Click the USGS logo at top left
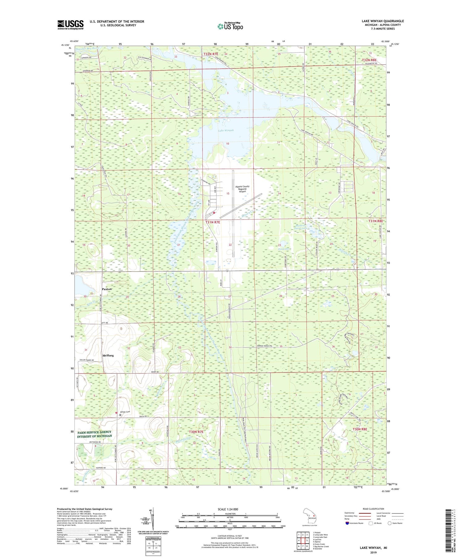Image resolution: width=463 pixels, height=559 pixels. tap(70, 24)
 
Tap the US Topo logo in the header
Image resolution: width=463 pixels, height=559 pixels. tap(230, 27)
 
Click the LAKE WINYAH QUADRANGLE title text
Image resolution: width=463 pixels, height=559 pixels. tap(383, 21)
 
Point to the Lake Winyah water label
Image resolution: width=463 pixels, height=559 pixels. tap(226, 130)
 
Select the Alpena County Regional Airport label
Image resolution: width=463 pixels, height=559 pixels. tap(242, 189)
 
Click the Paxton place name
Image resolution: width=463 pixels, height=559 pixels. tap(107, 289)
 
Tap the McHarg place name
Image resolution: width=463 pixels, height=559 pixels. tap(108, 355)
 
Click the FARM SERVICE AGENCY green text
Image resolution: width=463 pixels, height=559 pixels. tap(94, 432)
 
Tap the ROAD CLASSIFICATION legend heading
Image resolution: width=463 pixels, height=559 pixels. tap(373, 508)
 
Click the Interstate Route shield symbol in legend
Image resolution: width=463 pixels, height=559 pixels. tap(347, 523)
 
